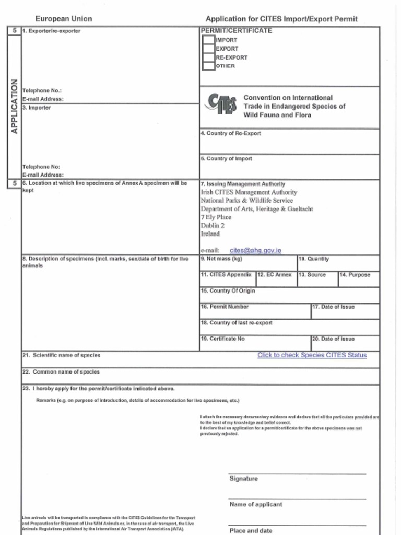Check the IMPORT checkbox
point(208,40)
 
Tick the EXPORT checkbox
point(208,49)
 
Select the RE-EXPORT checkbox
point(208,57)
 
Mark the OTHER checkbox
point(208,66)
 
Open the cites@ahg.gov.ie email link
point(255,251)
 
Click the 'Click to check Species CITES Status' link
point(312,355)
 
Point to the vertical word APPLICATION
point(14,106)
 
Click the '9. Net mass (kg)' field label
point(221,259)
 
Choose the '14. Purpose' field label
point(355,275)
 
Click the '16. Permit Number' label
point(225,307)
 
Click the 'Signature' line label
point(243,479)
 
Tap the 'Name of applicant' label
point(256,505)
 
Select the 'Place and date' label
point(251,531)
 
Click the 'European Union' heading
point(64,19)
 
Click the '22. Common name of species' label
point(62,373)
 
